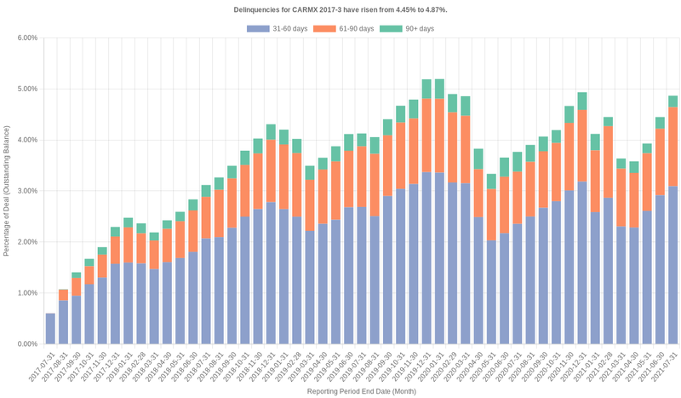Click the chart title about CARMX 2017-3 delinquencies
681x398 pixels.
[x=340, y=9]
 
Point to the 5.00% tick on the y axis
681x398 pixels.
[x=26, y=89]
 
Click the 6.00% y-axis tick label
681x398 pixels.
[x=26, y=37]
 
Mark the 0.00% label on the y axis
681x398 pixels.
[x=26, y=344]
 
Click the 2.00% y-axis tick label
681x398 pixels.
[x=26, y=242]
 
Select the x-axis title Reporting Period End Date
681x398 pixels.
[x=361, y=391]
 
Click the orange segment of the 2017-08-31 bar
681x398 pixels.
[x=63, y=295]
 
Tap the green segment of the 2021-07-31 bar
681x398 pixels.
[x=672, y=101]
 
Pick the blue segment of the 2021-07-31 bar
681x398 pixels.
[x=672, y=264]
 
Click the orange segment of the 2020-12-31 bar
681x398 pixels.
[x=582, y=145]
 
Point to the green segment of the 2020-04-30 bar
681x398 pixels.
[x=478, y=159]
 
